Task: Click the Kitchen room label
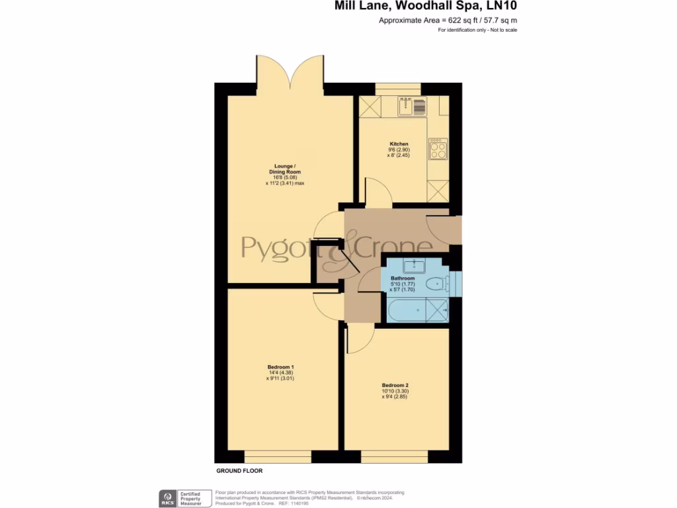pos(399,144)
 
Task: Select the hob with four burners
pos(438,149)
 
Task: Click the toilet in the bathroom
pos(437,284)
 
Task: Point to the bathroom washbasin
pos(415,266)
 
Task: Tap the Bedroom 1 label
pos(280,367)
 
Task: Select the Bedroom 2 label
pos(395,385)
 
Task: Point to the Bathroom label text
pos(403,278)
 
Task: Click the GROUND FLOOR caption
pos(239,471)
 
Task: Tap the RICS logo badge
pos(165,498)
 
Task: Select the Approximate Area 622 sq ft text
pos(448,21)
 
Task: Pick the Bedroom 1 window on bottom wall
pos(278,457)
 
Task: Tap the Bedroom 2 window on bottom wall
pos(394,457)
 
